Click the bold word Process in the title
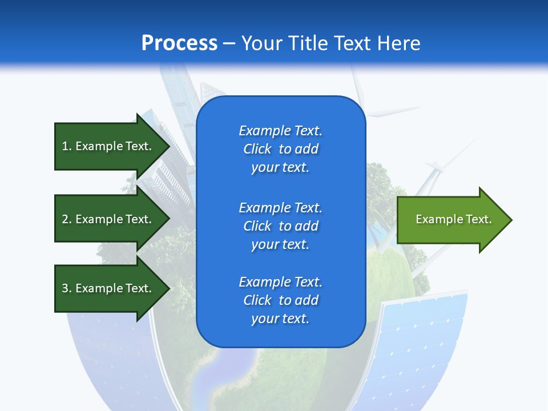pyautogui.click(x=179, y=43)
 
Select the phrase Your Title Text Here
pyautogui.click(x=331, y=43)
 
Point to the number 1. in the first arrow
pyautogui.click(x=67, y=146)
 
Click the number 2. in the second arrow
pyautogui.click(x=67, y=219)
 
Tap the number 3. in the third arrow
pyautogui.click(x=67, y=288)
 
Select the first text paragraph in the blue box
pyautogui.click(x=280, y=149)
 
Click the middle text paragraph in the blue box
pyautogui.click(x=280, y=226)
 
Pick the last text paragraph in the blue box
pyautogui.click(x=280, y=300)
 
